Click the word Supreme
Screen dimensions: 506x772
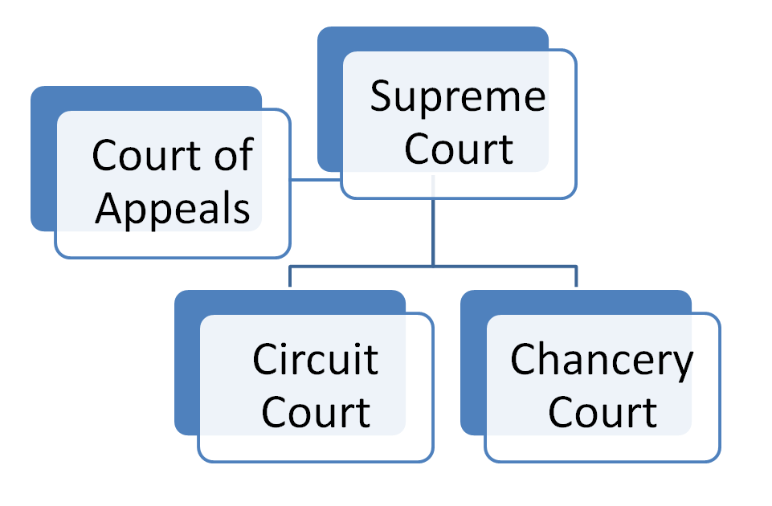(458, 99)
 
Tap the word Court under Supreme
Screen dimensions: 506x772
(459, 149)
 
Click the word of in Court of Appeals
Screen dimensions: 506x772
(235, 155)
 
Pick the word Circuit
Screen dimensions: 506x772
(315, 359)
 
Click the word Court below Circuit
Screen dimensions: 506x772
(316, 411)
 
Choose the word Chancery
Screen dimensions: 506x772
(602, 359)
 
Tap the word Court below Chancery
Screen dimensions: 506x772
(602, 411)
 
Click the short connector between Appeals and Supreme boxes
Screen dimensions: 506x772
(315, 179)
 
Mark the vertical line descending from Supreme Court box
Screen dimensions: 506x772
(433, 233)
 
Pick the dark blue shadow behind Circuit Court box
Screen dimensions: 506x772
(186, 369)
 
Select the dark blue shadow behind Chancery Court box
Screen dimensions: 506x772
(472, 369)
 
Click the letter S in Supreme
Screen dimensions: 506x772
(381, 99)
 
